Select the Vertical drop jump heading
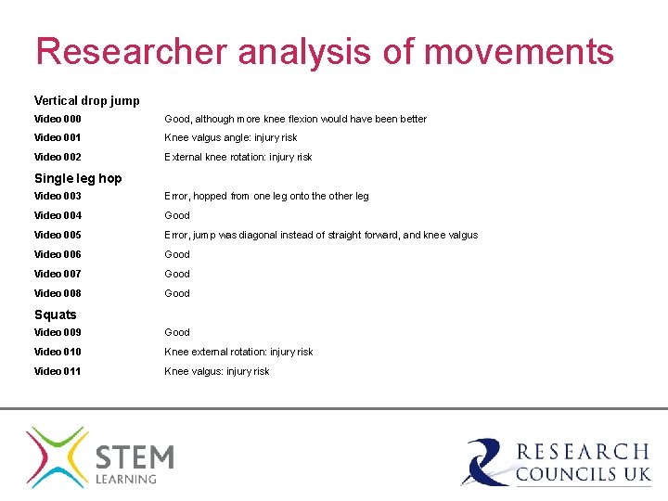click(87, 100)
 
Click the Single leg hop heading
click(78, 178)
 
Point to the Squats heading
click(56, 315)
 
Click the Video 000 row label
click(58, 119)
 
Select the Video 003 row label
click(58, 196)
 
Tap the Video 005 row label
click(58, 235)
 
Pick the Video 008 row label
click(58, 293)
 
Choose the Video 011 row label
click(58, 371)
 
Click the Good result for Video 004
click(177, 215)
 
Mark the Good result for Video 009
click(177, 332)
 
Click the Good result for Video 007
click(177, 274)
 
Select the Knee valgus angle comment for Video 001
click(231, 138)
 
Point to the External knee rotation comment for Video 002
click(238, 157)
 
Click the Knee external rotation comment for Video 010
click(238, 352)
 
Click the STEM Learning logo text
click(135, 463)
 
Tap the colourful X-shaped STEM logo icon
click(58, 456)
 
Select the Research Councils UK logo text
click(583, 462)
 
